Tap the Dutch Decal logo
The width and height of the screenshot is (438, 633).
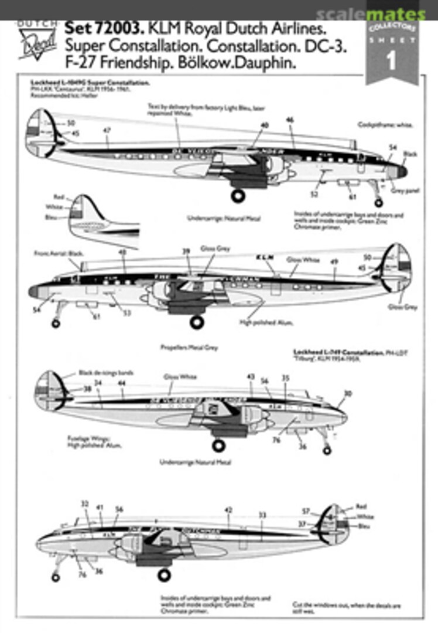click(x=37, y=42)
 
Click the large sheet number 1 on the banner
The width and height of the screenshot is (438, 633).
click(x=392, y=61)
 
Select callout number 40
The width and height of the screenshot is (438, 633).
click(x=265, y=125)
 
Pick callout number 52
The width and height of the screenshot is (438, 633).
click(x=314, y=193)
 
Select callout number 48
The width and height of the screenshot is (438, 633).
click(x=122, y=253)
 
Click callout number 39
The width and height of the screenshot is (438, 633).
click(x=186, y=251)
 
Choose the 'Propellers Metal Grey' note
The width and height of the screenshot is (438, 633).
click(x=189, y=347)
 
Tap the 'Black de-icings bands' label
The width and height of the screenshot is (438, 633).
click(x=106, y=373)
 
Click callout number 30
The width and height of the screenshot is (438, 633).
click(x=347, y=393)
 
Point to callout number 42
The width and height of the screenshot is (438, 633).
click(x=228, y=510)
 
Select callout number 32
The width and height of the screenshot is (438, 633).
click(x=84, y=503)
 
